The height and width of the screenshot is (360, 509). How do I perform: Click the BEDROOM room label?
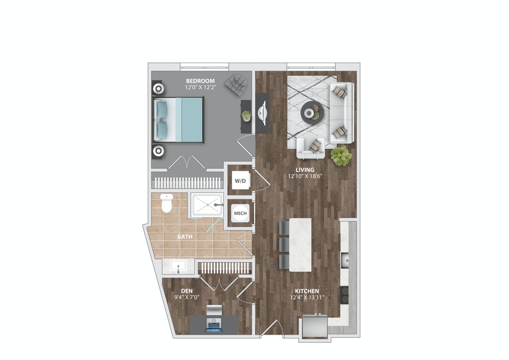(200, 81)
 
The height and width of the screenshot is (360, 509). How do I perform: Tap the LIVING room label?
(304, 170)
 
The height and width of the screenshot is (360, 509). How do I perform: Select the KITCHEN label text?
(306, 291)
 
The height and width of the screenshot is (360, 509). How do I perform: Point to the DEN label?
(186, 291)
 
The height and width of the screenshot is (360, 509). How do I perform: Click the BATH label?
(185, 237)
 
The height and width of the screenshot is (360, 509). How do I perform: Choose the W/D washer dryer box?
(240, 180)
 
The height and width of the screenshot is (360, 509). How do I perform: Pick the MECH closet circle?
(240, 214)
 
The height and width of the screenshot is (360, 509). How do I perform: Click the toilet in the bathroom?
(167, 203)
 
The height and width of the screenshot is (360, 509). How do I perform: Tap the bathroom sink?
(178, 266)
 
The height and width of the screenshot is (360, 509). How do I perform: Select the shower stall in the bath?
(207, 205)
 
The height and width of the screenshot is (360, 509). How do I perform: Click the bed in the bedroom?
(179, 119)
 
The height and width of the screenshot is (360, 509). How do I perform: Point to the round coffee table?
(312, 112)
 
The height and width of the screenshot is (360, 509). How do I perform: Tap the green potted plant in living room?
(341, 156)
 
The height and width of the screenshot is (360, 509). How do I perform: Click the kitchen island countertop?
(300, 244)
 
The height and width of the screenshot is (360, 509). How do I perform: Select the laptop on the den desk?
(214, 326)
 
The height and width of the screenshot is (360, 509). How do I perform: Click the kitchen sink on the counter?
(346, 259)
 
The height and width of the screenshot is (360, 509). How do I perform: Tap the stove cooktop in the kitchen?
(344, 295)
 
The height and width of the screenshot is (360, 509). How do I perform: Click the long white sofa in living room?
(342, 112)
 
